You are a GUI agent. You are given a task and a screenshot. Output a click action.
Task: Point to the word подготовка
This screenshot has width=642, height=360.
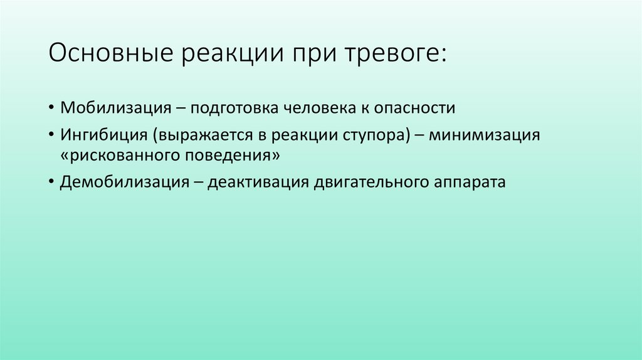tap(229, 108)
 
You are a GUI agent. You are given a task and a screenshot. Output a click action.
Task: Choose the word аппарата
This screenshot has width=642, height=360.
tap(470, 183)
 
